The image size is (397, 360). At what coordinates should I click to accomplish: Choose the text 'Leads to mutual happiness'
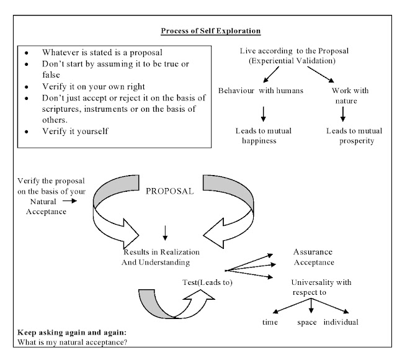264,136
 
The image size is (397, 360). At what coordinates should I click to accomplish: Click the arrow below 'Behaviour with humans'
264,112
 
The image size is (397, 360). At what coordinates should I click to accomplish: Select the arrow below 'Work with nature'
342,112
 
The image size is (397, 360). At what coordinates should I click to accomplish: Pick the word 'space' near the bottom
306,323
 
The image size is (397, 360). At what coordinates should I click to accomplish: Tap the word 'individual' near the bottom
341,323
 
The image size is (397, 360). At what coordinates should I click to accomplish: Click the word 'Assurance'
312,252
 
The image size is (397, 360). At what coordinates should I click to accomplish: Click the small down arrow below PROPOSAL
164,233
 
